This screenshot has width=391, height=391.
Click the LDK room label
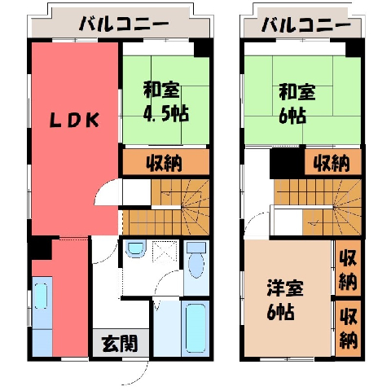tap(74, 121)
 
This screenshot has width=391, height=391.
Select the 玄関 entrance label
tap(120, 344)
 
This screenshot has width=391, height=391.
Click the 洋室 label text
tap(285, 288)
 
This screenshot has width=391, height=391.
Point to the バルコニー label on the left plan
tap(125, 24)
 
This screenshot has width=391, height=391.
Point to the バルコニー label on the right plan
tap(306, 25)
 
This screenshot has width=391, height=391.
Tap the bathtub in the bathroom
tap(195, 328)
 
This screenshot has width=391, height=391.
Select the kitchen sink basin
tap(41, 296)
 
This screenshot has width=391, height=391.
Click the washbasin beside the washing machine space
tap(136, 248)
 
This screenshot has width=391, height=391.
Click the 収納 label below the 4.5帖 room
tap(165, 163)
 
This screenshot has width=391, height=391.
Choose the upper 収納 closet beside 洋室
tap(348, 268)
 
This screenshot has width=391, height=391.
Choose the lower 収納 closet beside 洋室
tap(348, 328)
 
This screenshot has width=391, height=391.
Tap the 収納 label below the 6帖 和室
tap(332, 163)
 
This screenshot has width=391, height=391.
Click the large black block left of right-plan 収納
tap(287, 162)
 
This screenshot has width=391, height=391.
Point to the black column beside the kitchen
tap(41, 248)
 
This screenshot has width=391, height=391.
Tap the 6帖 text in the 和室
tap(292, 116)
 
